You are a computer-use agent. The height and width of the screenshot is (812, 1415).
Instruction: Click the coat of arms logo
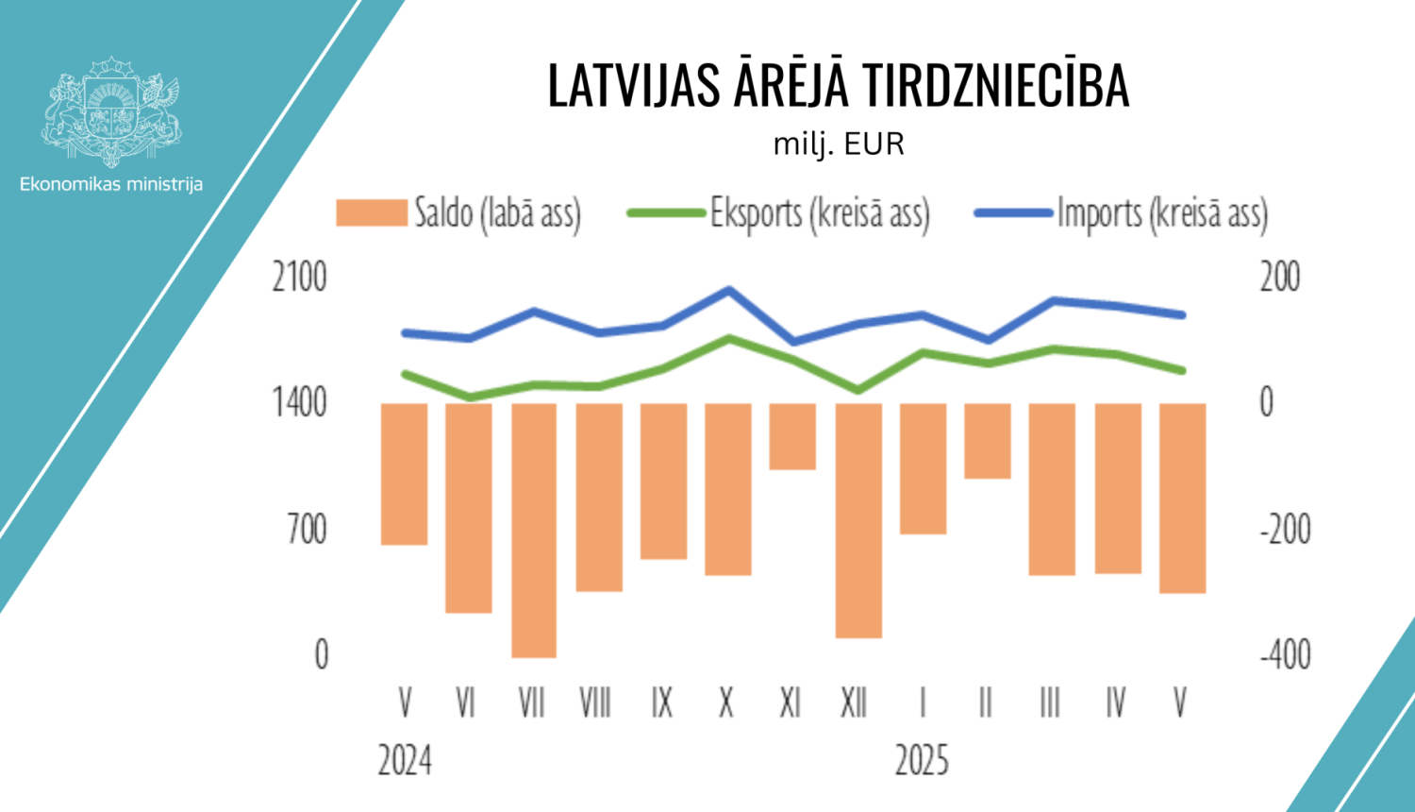(x=110, y=111)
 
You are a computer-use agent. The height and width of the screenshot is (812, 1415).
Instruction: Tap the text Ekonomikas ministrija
(x=111, y=184)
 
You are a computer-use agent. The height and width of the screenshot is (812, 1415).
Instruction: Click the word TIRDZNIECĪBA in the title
(x=995, y=86)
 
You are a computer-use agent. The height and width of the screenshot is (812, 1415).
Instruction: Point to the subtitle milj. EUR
(x=839, y=144)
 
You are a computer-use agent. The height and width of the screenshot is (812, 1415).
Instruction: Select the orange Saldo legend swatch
(x=371, y=213)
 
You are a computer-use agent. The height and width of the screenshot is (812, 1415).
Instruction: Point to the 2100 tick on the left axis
(x=299, y=278)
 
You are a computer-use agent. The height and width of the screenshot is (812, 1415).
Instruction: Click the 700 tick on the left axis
(x=307, y=530)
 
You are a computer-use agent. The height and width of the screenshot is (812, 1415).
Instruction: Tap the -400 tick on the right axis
(x=1285, y=654)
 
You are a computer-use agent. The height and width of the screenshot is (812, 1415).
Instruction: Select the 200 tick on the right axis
(x=1280, y=278)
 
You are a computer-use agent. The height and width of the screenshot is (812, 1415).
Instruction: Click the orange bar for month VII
(x=533, y=529)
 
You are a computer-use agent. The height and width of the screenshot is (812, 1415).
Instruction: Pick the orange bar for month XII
(x=858, y=519)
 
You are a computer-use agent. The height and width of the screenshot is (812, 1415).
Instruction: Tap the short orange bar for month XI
(x=792, y=436)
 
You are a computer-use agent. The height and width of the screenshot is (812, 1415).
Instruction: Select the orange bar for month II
(x=987, y=441)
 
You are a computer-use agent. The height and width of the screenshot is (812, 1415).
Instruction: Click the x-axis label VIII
(x=595, y=703)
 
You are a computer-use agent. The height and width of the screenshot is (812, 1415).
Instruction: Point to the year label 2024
(x=405, y=760)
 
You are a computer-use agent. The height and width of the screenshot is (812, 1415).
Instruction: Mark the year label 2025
(x=922, y=760)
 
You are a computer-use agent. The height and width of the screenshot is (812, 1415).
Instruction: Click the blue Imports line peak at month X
(x=728, y=290)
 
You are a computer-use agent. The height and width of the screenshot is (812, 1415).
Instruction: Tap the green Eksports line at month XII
(x=857, y=390)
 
